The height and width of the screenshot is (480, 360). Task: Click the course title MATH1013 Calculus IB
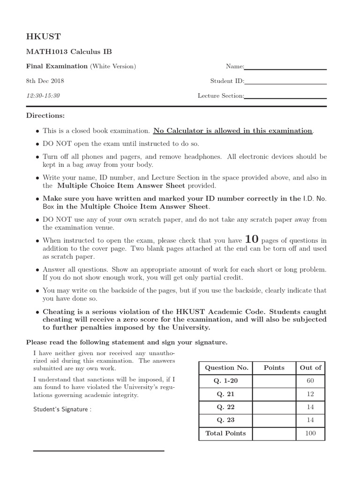click(x=69, y=52)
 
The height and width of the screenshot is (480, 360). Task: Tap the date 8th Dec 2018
click(x=45, y=81)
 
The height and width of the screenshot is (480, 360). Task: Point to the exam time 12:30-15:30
click(x=43, y=96)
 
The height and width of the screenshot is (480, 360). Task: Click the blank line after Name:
click(x=285, y=69)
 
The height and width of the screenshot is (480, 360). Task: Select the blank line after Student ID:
click(x=285, y=83)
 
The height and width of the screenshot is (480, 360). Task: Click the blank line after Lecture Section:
click(x=285, y=98)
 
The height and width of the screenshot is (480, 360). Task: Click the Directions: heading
click(x=45, y=115)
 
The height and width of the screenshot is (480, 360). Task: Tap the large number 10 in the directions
click(x=251, y=239)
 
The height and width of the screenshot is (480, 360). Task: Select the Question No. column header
click(x=225, y=368)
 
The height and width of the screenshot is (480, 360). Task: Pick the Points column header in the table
click(x=274, y=368)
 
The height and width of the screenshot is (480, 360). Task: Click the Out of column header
click(x=310, y=368)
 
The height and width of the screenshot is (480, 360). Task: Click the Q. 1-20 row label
click(x=225, y=381)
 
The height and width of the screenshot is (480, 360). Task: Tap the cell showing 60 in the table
click(x=310, y=381)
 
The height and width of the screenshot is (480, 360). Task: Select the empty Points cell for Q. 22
click(x=274, y=407)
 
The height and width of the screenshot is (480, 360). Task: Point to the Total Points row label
click(x=225, y=434)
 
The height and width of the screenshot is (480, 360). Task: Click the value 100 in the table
click(x=310, y=434)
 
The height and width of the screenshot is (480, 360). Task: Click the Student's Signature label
click(x=62, y=409)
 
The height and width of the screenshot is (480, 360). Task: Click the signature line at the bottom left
click(x=98, y=451)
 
